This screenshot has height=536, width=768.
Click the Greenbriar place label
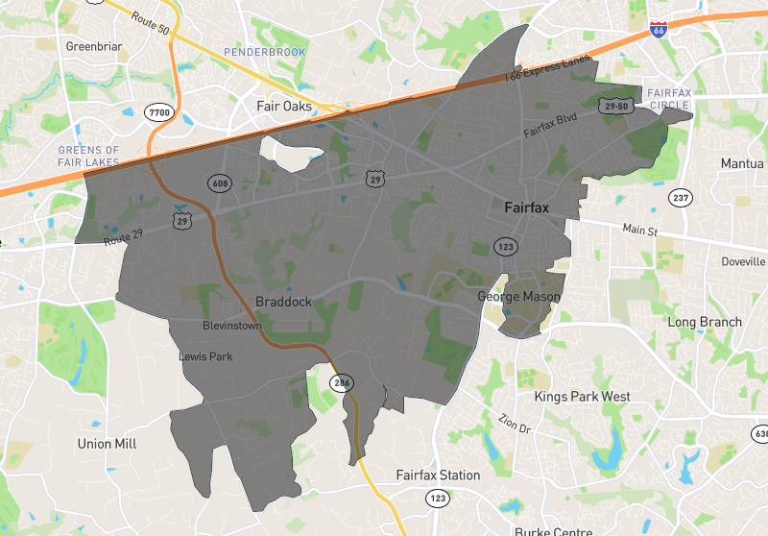89,45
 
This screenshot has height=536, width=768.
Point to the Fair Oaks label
283,106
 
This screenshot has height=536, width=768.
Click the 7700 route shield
158,113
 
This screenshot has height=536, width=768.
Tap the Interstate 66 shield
659,29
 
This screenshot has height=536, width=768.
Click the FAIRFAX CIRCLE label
669,98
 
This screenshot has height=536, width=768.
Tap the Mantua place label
742,164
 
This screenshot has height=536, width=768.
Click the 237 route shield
681,199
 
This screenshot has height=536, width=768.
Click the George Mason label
518,298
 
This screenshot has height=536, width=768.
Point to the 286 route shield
342,382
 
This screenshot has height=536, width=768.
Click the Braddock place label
283,302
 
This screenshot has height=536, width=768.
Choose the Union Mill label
107,444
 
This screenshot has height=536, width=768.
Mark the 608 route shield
220,182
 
